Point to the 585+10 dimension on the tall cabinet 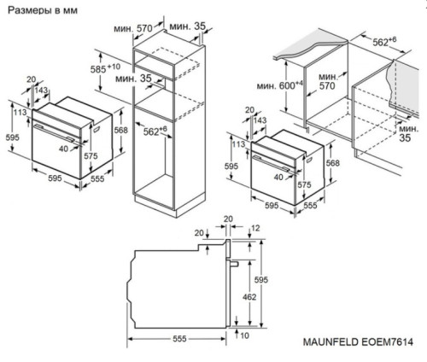[x=106, y=67]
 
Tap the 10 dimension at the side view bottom [x=245, y=336]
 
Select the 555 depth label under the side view [x=176, y=339]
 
